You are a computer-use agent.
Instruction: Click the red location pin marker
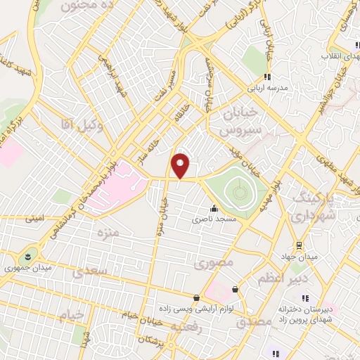(181, 166)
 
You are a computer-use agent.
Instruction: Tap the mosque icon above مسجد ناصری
(213, 209)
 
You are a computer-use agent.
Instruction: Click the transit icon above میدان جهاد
(300, 245)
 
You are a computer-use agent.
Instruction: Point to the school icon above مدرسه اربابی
(266, 77)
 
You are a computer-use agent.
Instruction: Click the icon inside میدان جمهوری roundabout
(27, 254)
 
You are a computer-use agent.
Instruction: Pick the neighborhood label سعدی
(96, 271)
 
